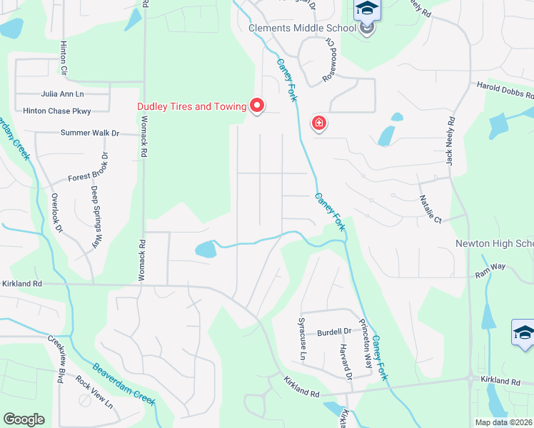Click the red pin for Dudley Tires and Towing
click(257, 106)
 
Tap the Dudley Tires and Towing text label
click(191, 106)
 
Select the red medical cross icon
click(319, 123)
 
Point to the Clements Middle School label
click(302, 28)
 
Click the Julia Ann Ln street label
click(62, 93)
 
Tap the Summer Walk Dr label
click(89, 133)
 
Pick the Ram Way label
click(491, 266)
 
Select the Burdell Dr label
click(334, 332)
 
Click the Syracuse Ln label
click(302, 340)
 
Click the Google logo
click(24, 419)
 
